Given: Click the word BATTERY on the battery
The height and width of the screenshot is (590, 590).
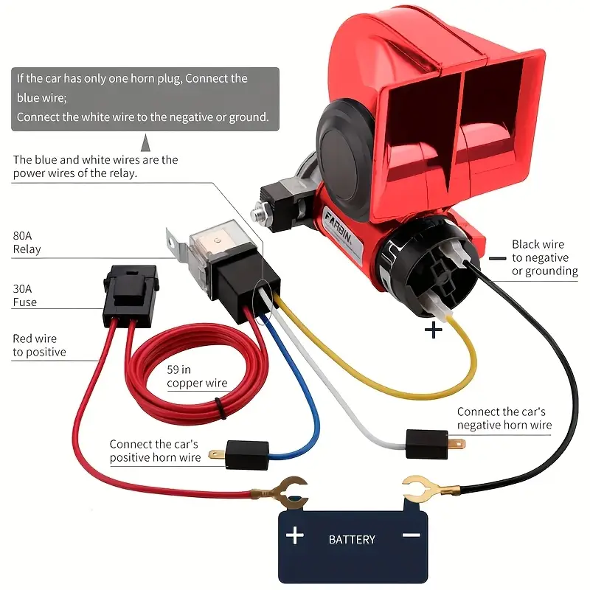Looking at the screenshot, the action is pyautogui.click(x=352, y=540).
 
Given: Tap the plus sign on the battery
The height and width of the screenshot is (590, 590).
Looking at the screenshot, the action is pyautogui.click(x=294, y=535).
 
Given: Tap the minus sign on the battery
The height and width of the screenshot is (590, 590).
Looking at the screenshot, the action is pyautogui.click(x=412, y=535).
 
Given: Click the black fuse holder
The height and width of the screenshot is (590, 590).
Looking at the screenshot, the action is pyautogui.click(x=131, y=296).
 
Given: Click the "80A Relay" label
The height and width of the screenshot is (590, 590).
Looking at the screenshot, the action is pyautogui.click(x=27, y=243).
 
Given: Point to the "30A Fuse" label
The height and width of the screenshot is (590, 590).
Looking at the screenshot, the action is pyautogui.click(x=24, y=296).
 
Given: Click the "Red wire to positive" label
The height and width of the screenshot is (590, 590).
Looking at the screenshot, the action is pyautogui.click(x=39, y=345).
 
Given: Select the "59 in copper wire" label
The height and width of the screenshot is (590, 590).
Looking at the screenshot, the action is pyautogui.click(x=197, y=376).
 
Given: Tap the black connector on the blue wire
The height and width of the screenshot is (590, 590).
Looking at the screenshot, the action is pyautogui.click(x=247, y=455).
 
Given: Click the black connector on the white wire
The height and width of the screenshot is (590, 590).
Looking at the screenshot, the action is pyautogui.click(x=427, y=444).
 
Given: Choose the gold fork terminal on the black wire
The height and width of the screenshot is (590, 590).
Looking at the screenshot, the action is pyautogui.click(x=429, y=488).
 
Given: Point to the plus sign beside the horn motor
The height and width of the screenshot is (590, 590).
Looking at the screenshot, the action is pyautogui.click(x=433, y=330).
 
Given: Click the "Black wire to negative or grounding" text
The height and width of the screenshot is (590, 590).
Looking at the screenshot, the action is pyautogui.click(x=544, y=257).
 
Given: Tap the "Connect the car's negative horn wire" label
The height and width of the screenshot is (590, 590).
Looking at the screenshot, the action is pyautogui.click(x=504, y=418).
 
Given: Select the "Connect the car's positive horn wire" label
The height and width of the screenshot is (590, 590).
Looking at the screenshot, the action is pyautogui.click(x=155, y=451).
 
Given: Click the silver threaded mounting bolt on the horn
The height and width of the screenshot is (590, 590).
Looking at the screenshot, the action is pyautogui.click(x=260, y=212).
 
